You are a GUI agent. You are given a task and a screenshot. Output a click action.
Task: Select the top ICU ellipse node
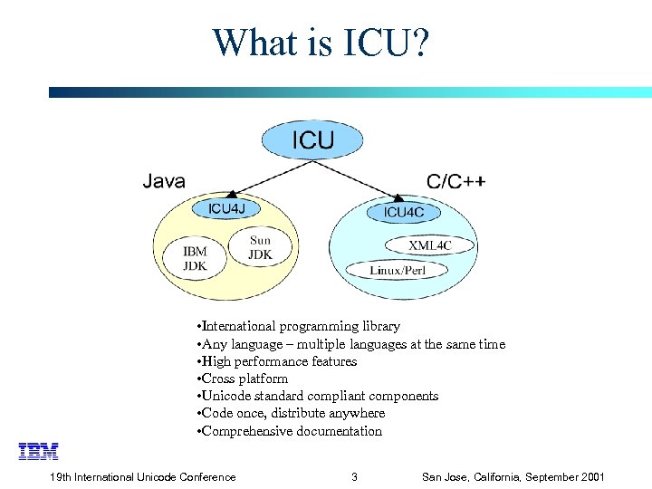pyautogui.click(x=312, y=140)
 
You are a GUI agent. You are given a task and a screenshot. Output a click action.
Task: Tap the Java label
pyautogui.click(x=164, y=181)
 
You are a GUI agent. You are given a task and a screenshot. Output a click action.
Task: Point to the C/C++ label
pyautogui.click(x=455, y=181)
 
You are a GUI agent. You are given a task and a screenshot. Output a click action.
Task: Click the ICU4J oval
pyautogui.click(x=226, y=208)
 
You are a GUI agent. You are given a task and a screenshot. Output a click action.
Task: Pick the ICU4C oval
pyautogui.click(x=403, y=213)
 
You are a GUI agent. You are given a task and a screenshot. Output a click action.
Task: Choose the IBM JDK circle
pyautogui.click(x=195, y=258)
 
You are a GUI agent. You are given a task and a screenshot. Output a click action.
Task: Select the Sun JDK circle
pyautogui.click(x=259, y=247)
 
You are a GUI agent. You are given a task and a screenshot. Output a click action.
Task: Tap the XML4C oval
pyautogui.click(x=430, y=245)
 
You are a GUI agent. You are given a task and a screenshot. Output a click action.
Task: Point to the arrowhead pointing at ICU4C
pyautogui.click(x=398, y=197)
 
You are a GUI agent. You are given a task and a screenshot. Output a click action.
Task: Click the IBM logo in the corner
pyautogui.click(x=38, y=451)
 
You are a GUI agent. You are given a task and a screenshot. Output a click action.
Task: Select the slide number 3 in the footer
pyautogui.click(x=354, y=477)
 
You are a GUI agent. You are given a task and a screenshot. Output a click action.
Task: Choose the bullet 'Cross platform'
pyautogui.click(x=244, y=379)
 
